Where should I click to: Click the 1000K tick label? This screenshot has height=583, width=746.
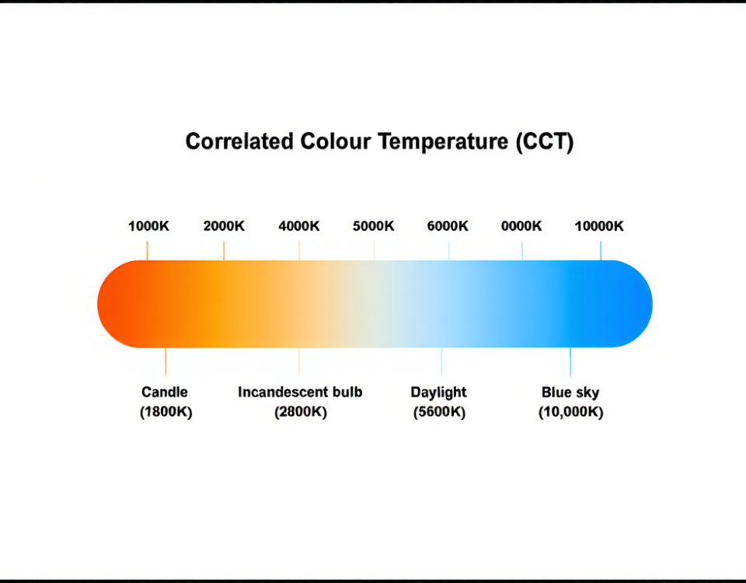[x=148, y=226]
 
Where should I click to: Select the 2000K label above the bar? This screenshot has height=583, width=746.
[x=224, y=226]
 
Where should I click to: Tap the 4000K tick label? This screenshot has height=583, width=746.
[x=299, y=226]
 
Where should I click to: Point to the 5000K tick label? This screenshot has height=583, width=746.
[x=374, y=226]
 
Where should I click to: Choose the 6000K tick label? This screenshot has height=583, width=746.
[x=448, y=226]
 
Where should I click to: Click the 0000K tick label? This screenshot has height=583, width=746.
[x=521, y=226]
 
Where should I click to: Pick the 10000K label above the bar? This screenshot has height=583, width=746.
[x=599, y=226]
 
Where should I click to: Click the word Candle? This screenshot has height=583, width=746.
[x=165, y=392]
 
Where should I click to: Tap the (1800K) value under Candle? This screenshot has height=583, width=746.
[x=166, y=412]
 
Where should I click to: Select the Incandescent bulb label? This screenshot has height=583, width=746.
[x=300, y=392]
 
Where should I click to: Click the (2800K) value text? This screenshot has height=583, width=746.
[x=300, y=412]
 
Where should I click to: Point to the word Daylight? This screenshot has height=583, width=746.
[x=439, y=392]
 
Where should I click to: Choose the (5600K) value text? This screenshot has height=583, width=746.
[x=440, y=412]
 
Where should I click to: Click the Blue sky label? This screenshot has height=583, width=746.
[x=570, y=392]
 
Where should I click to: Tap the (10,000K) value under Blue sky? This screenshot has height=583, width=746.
[x=570, y=412]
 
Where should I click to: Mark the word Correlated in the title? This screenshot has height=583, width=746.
[x=239, y=142]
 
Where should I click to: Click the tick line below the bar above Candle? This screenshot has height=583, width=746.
[x=166, y=361]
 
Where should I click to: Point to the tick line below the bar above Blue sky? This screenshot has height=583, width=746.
[x=570, y=361]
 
